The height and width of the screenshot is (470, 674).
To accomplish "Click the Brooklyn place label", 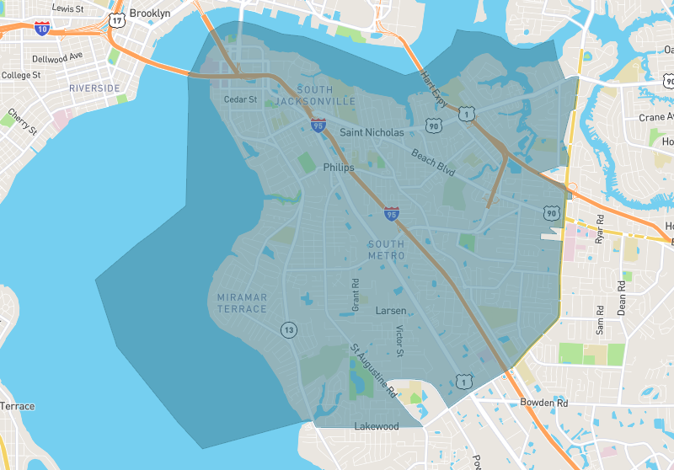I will click(x=149, y=13).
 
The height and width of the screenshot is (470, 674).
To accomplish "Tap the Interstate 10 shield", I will click(x=43, y=28).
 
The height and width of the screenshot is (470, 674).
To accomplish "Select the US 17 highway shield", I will click(x=116, y=18).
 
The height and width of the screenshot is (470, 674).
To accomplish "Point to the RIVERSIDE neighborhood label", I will click(x=94, y=88).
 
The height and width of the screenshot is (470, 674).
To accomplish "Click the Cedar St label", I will click(x=240, y=99).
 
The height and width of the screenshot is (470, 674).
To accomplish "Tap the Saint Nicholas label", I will click(x=372, y=132).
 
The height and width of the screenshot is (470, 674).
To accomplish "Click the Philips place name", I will click(x=339, y=168).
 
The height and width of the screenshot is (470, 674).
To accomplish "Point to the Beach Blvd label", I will click(x=433, y=162).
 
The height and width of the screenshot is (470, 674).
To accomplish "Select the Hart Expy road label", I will click(x=436, y=87).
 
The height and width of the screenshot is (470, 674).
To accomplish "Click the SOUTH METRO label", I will click(x=386, y=249).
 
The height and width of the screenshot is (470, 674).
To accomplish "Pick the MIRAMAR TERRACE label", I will click(x=242, y=303).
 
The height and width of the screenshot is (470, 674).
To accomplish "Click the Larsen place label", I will click(x=390, y=311).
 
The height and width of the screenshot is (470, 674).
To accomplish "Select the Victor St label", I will click(x=400, y=340).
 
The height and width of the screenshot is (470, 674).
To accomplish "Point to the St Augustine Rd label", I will click(x=374, y=370).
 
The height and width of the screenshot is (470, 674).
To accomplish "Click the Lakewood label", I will click(x=376, y=426).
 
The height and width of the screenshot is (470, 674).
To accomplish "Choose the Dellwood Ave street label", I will click(x=57, y=57).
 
